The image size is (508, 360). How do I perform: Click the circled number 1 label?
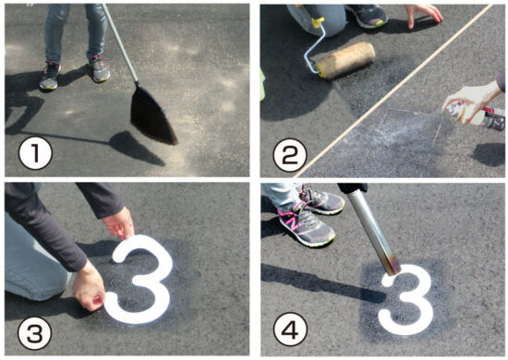click(35, 155)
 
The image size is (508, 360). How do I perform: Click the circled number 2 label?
click(290, 155)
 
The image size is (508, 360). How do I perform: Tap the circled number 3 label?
click(35, 333)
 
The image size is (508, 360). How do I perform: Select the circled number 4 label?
click(290, 330)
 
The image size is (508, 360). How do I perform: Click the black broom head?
click(152, 115)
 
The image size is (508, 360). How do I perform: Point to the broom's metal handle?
click(120, 42)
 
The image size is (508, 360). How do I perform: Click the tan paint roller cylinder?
click(347, 60)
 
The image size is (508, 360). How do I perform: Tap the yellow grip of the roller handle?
click(318, 22)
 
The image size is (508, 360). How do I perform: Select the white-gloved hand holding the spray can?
click(470, 101)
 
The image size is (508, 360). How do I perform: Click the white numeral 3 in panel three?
click(139, 279)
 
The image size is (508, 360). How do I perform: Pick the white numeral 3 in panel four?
click(406, 299)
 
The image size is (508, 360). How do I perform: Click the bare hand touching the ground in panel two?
click(423, 14)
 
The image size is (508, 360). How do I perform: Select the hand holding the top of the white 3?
click(119, 223)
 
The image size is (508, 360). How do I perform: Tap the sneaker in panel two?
click(368, 16)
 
